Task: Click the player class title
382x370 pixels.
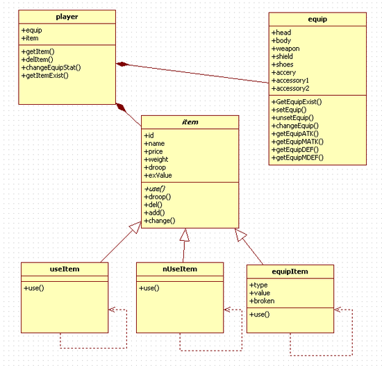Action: (x=67, y=17)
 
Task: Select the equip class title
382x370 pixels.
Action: (x=317, y=19)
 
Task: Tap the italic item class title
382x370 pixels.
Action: (x=190, y=122)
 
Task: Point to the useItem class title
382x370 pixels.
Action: (x=65, y=269)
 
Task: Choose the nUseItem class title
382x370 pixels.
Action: (x=180, y=269)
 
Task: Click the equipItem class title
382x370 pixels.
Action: (x=290, y=271)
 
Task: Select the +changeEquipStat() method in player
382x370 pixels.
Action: (x=51, y=67)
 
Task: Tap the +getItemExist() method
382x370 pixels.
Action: (x=45, y=76)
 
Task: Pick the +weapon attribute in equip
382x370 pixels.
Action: (x=285, y=49)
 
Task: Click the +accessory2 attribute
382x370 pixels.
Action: (x=290, y=88)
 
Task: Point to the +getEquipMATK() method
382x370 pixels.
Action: (x=297, y=142)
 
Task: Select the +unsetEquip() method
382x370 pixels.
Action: (x=292, y=118)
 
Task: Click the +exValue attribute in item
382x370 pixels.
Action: (x=158, y=175)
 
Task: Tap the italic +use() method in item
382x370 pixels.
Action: (x=154, y=189)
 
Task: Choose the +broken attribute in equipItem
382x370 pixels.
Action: (x=262, y=301)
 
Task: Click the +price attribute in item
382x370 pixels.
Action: (x=153, y=151)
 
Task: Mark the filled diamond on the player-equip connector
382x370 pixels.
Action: (x=122, y=65)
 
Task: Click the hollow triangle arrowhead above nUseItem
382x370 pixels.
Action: (x=185, y=235)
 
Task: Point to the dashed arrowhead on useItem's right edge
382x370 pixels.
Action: (x=112, y=310)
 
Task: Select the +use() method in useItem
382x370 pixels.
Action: (x=33, y=288)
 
